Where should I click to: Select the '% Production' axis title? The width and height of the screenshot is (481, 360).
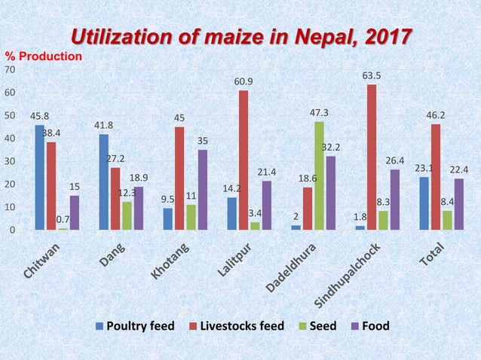coord(44,56)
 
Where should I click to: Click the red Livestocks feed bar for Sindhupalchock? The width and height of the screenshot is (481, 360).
coord(371,157)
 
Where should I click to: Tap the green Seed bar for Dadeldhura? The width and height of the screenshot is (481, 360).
coord(319,175)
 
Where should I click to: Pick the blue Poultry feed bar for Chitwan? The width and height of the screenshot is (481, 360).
coord(39,177)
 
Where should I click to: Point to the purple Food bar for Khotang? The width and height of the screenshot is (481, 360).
coord(202,190)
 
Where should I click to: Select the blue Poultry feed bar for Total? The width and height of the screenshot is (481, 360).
coord(424,203)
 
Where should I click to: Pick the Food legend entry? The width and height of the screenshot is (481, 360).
coord(369,326)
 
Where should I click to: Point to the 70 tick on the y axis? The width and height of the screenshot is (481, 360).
coord(10,69)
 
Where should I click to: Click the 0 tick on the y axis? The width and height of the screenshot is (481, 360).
coord(12,230)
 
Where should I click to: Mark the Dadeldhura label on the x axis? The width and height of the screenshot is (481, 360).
coord(296,267)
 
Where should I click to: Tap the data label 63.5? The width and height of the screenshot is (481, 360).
coord(371,75)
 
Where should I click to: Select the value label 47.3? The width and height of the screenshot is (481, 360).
coord(319,112)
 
